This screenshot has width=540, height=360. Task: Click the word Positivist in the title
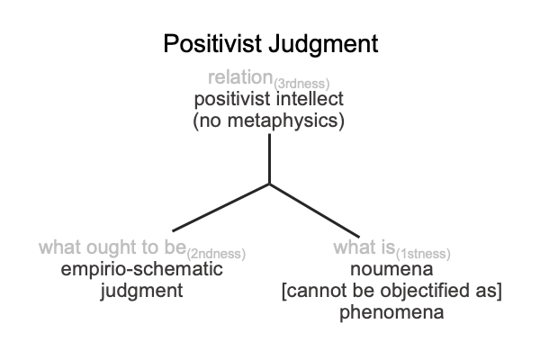coord(212,43)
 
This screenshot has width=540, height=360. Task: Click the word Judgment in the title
coord(323,44)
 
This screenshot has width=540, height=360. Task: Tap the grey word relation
coord(240,76)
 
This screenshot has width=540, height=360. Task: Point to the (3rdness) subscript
coord(301,84)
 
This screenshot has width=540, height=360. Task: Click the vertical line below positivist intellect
coord(269,158)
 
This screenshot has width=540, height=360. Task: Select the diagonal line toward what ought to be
coord(220,208)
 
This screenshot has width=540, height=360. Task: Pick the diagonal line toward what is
coord(314,211)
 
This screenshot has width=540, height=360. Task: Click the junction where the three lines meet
coord(269,184)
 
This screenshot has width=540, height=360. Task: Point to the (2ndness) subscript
coord(216,254)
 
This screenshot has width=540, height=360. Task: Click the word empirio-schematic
coord(141,269)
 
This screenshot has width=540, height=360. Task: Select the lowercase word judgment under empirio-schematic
coord(141,291)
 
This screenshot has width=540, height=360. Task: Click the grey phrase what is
coord(364,247)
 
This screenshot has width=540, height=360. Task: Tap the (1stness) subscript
coord(423,254)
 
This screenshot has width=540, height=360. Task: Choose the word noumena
coord(391,269)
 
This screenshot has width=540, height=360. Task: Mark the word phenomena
coord(391,313)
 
